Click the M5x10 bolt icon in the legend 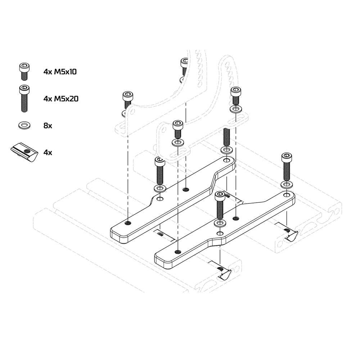click(24, 71)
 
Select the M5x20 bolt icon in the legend click(24, 98)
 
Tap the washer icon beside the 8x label click(24, 126)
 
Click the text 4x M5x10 click(60, 72)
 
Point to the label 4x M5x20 click(61, 98)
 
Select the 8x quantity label click(48, 126)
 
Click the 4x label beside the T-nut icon click(48, 152)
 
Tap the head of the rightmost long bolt click(287, 158)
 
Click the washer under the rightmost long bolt click(287, 185)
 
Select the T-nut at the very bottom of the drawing click(224, 274)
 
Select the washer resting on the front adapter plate click(220, 223)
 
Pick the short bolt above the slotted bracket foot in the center click(177, 129)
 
